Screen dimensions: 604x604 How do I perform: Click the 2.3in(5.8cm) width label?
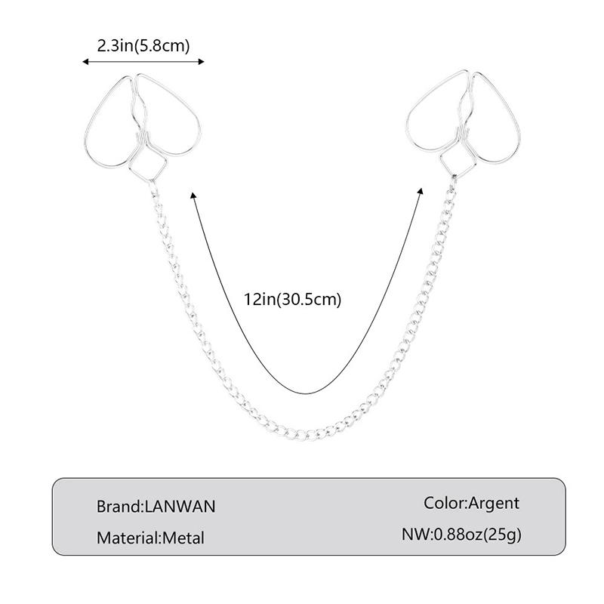click(143, 46)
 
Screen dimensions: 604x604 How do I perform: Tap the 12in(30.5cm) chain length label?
click(293, 299)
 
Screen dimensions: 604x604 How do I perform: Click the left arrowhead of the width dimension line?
click(85, 62)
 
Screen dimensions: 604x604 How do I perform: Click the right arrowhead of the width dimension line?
click(201, 62)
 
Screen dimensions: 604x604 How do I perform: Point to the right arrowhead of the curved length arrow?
click(421, 192)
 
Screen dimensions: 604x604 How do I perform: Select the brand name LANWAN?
click(180, 507)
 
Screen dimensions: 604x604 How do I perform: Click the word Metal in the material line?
click(183, 538)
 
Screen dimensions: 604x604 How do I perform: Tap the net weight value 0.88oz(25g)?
click(478, 535)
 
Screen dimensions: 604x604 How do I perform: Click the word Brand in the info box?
click(119, 507)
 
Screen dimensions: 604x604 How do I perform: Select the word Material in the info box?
click(127, 538)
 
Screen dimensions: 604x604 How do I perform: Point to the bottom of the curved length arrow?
click(307, 393)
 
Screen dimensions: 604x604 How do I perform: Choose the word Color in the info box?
click(444, 503)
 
